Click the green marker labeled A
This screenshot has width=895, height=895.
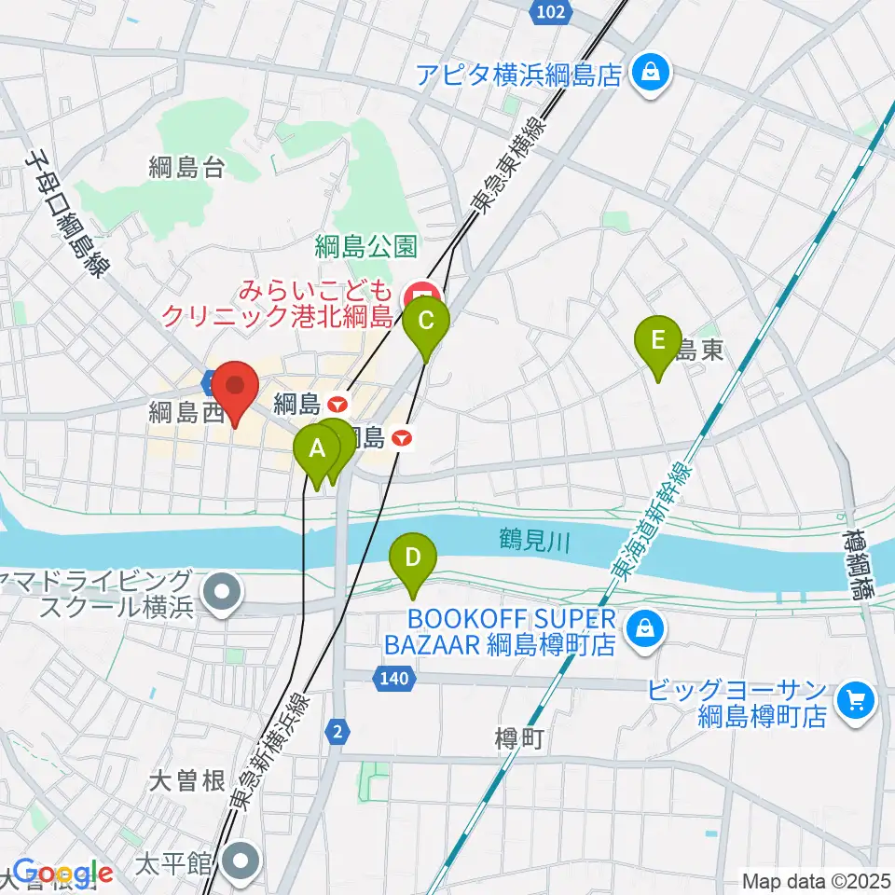(x=317, y=450)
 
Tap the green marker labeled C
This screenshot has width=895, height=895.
(x=426, y=323)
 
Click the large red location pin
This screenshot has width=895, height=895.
(x=235, y=390)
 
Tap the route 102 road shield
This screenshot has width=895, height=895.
(x=551, y=10)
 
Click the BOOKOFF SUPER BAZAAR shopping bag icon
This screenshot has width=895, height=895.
(x=643, y=631)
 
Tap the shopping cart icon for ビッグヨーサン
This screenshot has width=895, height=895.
(x=855, y=701)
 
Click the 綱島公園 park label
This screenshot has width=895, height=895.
(x=366, y=247)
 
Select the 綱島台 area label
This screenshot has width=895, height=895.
(x=186, y=168)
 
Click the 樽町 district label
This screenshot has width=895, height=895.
(x=518, y=738)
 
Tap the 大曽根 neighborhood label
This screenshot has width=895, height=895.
(x=187, y=781)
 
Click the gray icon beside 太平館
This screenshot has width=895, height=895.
(x=243, y=862)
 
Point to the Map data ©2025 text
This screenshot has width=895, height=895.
(x=817, y=880)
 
